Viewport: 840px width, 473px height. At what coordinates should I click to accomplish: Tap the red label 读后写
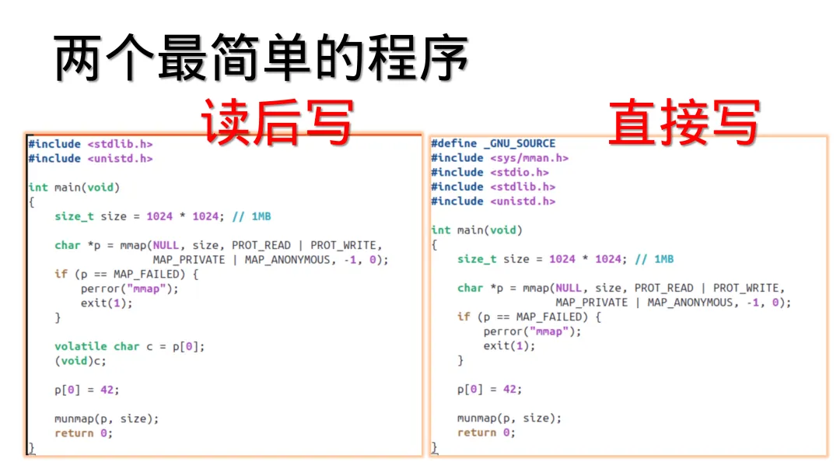[x=278, y=122]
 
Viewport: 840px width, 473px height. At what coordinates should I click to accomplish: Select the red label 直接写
[x=683, y=122]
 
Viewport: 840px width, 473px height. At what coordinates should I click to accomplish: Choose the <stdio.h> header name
[x=520, y=172]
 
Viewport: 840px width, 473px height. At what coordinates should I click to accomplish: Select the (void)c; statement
[x=80, y=360]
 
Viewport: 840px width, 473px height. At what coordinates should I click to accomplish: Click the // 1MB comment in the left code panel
[x=251, y=216]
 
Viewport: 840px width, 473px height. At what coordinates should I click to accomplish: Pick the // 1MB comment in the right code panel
[x=654, y=259]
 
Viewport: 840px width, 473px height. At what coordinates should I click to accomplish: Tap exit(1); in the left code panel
[x=107, y=303]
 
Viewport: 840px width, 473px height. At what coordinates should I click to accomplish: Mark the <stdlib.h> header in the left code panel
[x=120, y=144]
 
